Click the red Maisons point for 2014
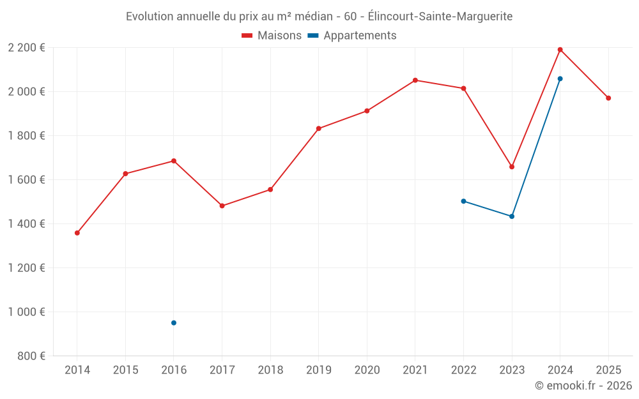(77, 233)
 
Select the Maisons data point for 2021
(415, 80)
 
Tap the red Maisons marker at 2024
(560, 50)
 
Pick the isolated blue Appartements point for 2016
(174, 323)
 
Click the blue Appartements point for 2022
(464, 201)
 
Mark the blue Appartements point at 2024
(560, 79)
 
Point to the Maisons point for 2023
(512, 167)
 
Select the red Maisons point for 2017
(222, 206)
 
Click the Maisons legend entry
(272, 36)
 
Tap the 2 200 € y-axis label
(26, 48)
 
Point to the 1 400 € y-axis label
(26, 224)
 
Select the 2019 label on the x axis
(319, 370)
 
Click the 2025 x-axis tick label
(608, 370)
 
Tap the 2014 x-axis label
(77, 370)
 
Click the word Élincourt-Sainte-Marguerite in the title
(440, 17)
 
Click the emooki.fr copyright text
(583, 386)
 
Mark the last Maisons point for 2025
(608, 98)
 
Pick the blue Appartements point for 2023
(512, 216)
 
